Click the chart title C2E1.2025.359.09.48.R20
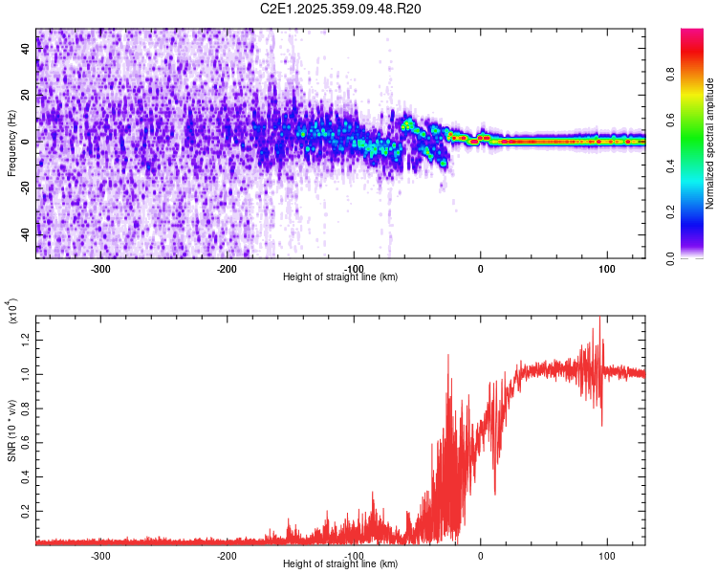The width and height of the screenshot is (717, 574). pyautogui.click(x=340, y=9)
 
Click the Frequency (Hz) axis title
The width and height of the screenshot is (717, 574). pyautogui.click(x=11, y=143)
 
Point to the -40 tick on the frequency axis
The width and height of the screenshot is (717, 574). pyautogui.click(x=27, y=234)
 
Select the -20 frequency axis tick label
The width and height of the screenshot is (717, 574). pyautogui.click(x=27, y=188)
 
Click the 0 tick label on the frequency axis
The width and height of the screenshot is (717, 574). pyautogui.click(x=27, y=142)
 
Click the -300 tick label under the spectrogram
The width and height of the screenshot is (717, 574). pyautogui.click(x=101, y=269)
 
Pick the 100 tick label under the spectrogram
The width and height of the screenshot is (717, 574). pyautogui.click(x=607, y=269)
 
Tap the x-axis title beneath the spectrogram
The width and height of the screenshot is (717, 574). pyautogui.click(x=340, y=277)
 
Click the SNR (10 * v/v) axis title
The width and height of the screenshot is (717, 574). pyautogui.click(x=11, y=426)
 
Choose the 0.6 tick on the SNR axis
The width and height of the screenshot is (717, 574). pyautogui.click(x=27, y=442)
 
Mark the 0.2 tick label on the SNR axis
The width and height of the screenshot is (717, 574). pyautogui.click(x=27, y=511)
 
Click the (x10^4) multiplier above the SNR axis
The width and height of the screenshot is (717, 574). pyautogui.click(x=13, y=313)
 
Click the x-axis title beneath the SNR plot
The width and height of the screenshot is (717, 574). pyautogui.click(x=340, y=564)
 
